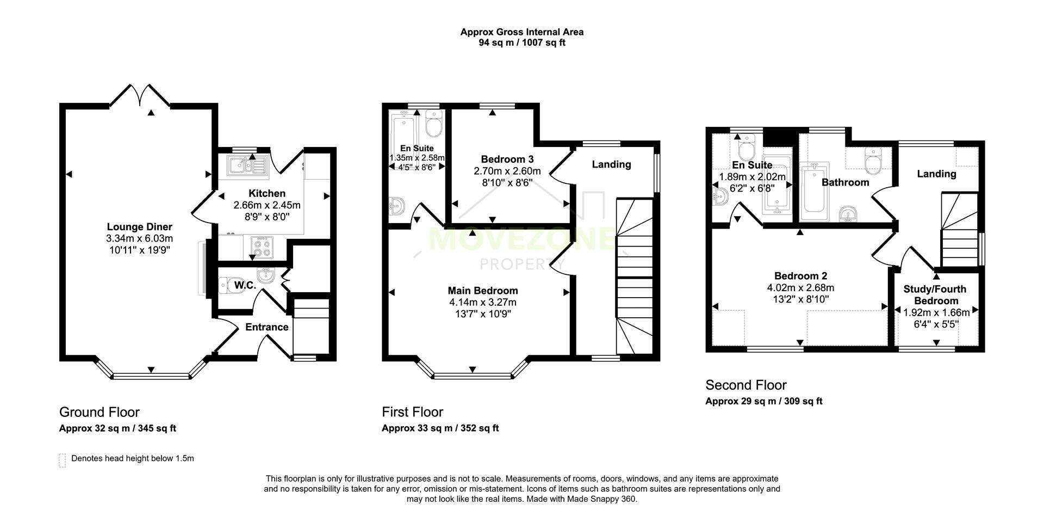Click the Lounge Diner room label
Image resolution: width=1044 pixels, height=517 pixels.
[139, 227]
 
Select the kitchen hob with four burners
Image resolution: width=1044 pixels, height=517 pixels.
[261, 247]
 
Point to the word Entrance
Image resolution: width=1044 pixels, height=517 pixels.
[266, 327]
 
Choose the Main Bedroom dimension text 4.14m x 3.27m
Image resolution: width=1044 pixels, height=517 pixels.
[482, 303]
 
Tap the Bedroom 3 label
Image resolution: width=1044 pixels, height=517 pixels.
[507, 159]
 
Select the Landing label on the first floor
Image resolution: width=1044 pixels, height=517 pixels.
[611, 164]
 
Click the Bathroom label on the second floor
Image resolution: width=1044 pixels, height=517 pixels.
[845, 182]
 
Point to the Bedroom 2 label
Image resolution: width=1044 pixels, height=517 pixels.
[800, 276]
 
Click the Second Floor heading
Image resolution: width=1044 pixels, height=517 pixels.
[745, 385]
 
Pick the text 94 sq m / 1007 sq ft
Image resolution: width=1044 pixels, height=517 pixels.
[521, 42]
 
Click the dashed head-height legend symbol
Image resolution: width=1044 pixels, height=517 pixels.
[62, 460]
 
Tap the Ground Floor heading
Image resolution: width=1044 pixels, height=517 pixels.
[99, 412]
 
